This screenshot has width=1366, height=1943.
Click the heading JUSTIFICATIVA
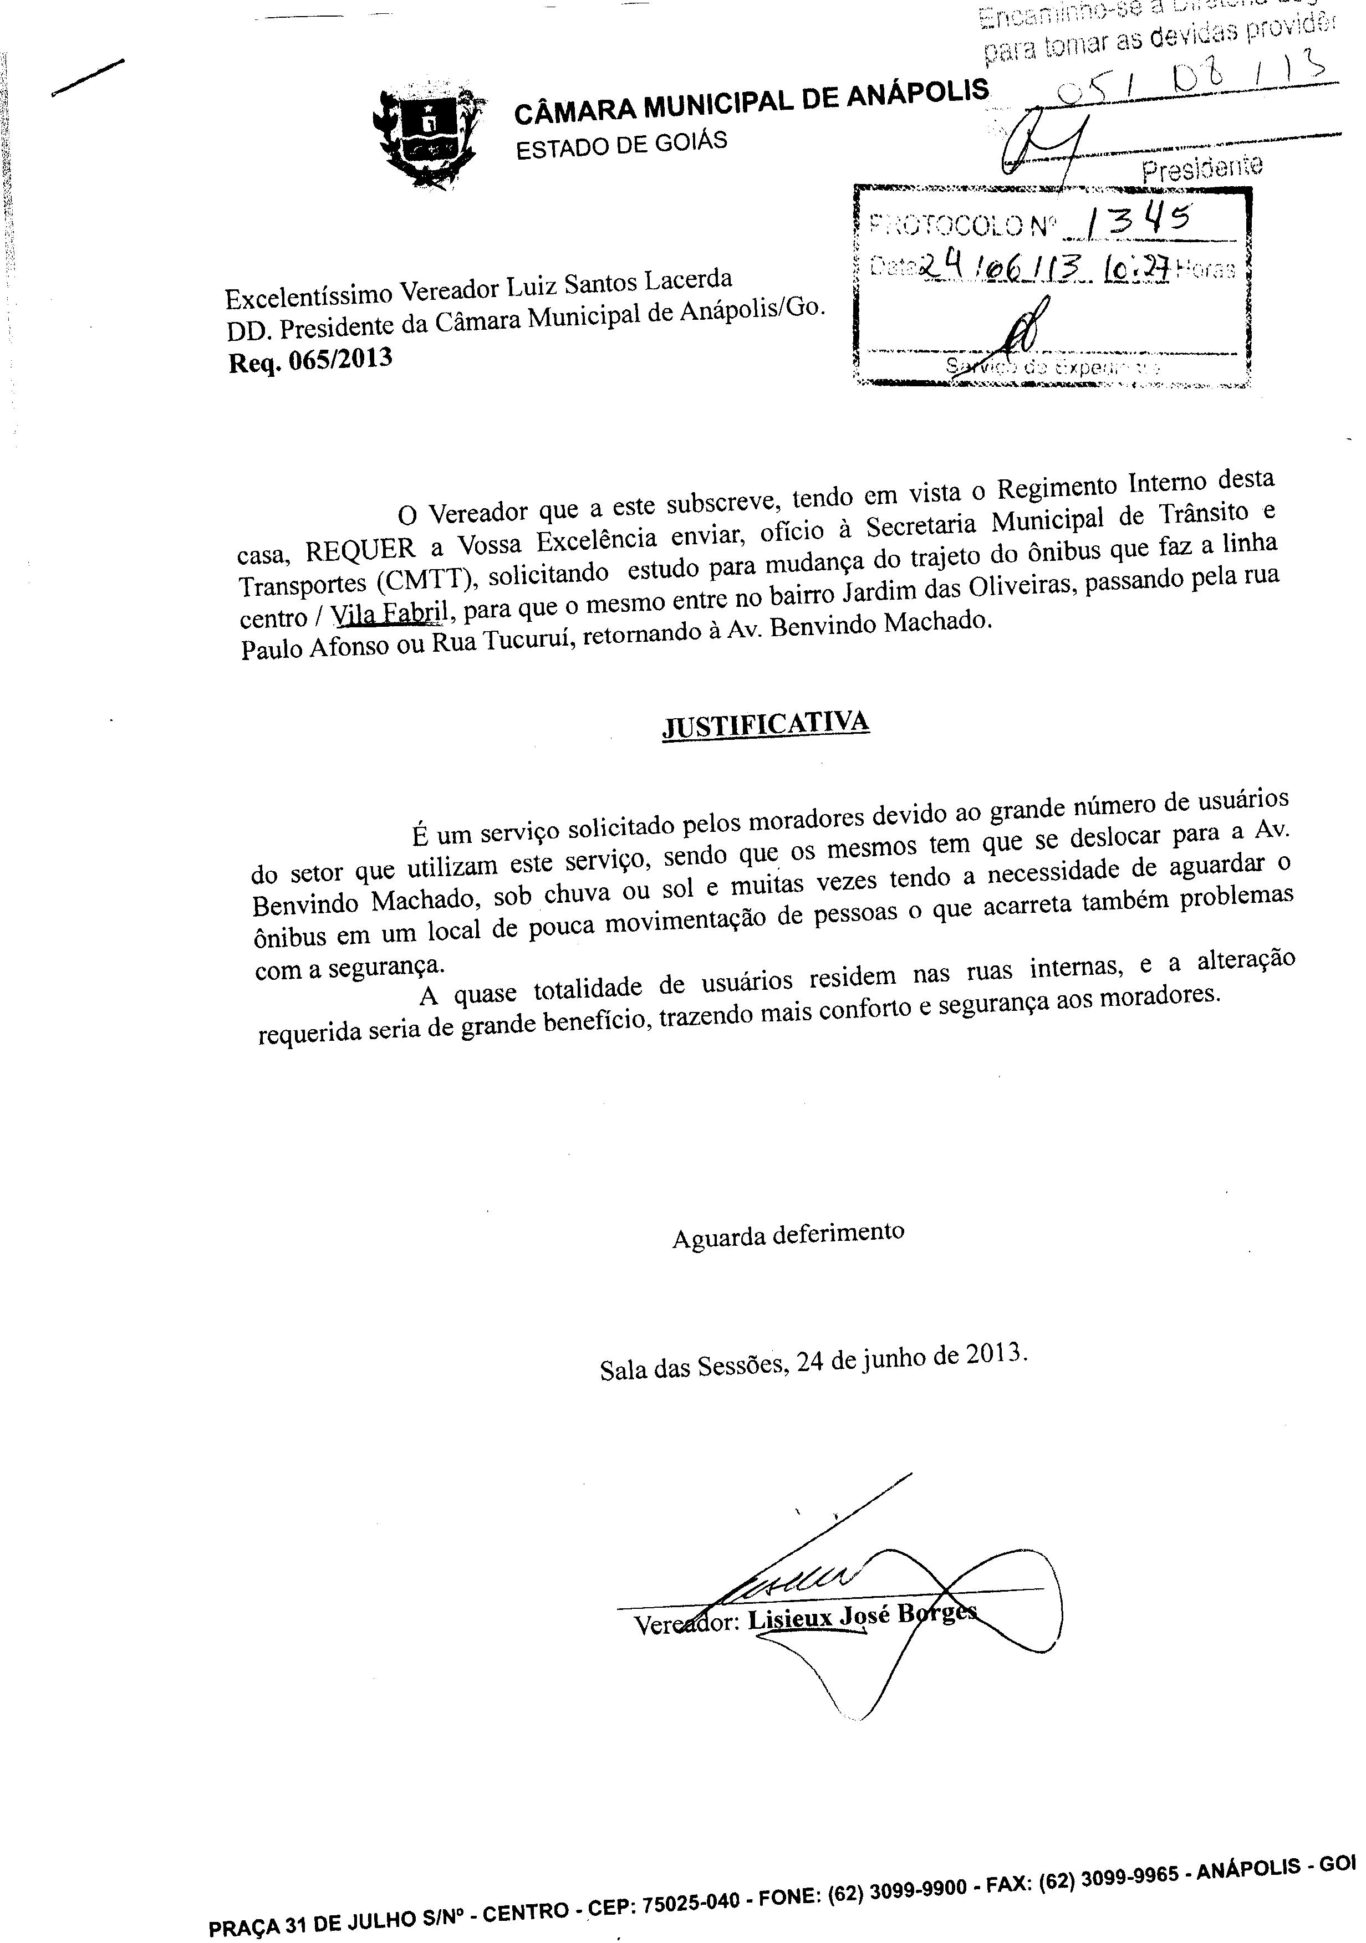pyautogui.click(x=764, y=725)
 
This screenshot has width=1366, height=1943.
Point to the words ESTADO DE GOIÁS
pyautogui.click(x=621, y=145)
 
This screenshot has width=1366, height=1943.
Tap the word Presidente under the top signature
pyautogui.click(x=1202, y=167)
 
